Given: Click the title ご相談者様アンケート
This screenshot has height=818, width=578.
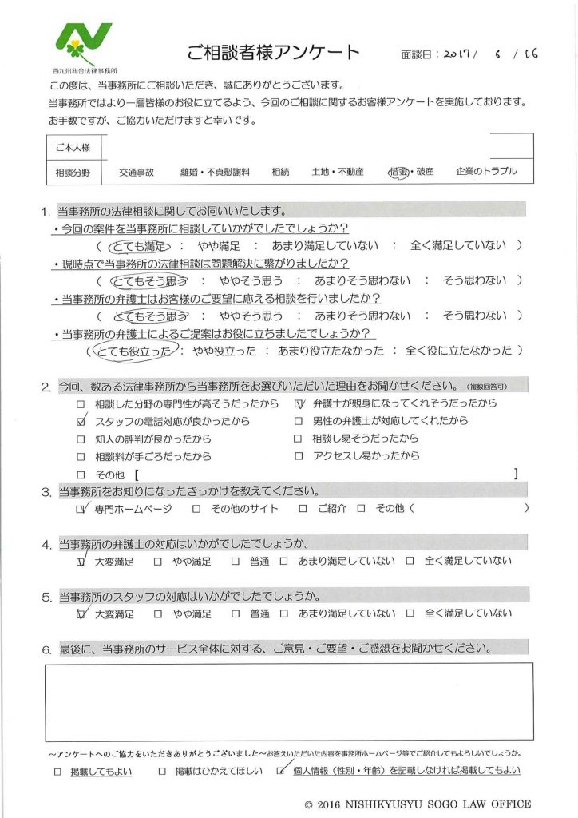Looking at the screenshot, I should pos(273,54).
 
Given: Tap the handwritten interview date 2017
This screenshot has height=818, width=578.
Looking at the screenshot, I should pos(458,55).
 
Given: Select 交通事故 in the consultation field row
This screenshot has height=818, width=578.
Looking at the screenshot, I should pos(137,172).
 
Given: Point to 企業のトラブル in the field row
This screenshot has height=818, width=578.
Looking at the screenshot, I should pos(486,172).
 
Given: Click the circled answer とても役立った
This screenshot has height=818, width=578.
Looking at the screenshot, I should pos(137,350).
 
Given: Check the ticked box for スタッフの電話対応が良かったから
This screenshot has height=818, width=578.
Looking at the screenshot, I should pos(80,421).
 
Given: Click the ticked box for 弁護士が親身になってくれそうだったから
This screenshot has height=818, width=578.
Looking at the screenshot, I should pos(299,403).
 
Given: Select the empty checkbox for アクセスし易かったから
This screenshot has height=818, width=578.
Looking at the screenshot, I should pos(299,456).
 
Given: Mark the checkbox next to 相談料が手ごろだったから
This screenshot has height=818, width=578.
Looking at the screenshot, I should pos(80,456).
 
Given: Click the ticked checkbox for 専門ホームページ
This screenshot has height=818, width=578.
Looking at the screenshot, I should pos(80,508).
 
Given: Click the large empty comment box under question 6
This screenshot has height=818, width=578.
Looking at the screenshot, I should pos(288,701).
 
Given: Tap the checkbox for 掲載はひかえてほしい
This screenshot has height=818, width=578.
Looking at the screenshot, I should pos(162,772).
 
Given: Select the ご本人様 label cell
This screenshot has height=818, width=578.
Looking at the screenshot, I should pos(73,147).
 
